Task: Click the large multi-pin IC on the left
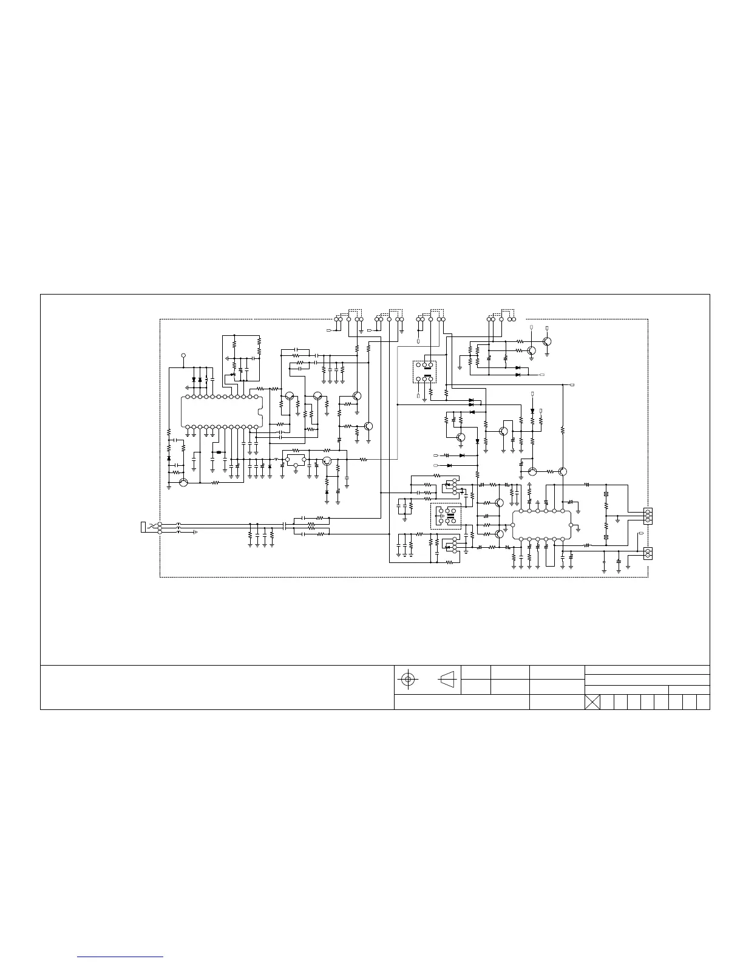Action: point(222,411)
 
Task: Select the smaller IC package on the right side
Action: point(542,525)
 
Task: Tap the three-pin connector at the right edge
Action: point(648,516)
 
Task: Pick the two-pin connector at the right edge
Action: point(648,553)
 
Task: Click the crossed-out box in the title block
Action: point(592,702)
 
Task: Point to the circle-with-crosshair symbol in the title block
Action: point(408,679)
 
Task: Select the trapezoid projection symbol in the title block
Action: point(447,679)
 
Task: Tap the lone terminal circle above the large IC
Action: point(183,355)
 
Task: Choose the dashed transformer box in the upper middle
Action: point(425,372)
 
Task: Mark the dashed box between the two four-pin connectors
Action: point(446,516)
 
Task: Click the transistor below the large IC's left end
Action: point(183,483)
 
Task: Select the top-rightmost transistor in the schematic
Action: point(547,341)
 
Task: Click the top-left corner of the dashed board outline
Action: point(160,319)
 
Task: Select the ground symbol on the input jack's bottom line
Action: point(195,533)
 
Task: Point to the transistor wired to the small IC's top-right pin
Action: point(563,471)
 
